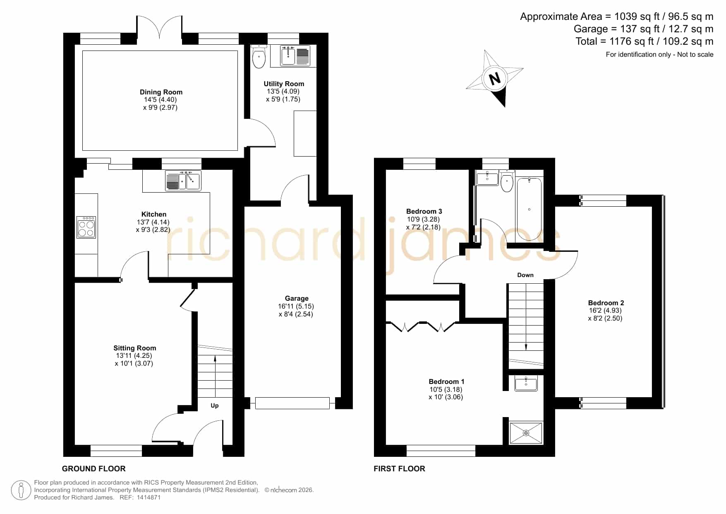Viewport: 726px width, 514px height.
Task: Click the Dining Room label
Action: [x=161, y=92]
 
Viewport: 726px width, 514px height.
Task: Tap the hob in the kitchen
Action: [x=86, y=227]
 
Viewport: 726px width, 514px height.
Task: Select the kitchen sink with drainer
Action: [x=183, y=181]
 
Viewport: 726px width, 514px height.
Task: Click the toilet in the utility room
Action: [x=259, y=57]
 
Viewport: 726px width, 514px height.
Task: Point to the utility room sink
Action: [x=295, y=56]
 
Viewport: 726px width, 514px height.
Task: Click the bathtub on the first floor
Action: [x=529, y=209]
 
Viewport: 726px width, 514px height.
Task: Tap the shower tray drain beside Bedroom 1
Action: [x=526, y=433]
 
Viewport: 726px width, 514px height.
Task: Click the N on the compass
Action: [x=494, y=78]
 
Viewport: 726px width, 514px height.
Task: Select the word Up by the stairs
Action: [x=214, y=405]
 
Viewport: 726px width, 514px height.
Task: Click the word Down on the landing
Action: [x=525, y=275]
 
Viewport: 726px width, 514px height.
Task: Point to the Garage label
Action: [x=297, y=298]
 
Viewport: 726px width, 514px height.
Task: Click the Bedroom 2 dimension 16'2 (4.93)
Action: [x=605, y=311]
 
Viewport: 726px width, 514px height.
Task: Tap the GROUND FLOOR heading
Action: [x=94, y=468]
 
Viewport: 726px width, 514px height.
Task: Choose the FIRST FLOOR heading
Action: [x=399, y=468]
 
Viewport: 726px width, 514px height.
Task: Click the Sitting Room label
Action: [x=135, y=348]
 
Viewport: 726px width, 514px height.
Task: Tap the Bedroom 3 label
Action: [x=424, y=211]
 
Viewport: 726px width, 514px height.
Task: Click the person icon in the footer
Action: [x=21, y=490]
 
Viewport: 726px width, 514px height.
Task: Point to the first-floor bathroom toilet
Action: [x=507, y=181]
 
